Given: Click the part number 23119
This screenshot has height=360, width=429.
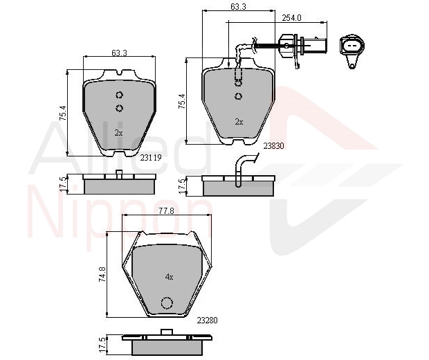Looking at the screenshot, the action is coord(151,158).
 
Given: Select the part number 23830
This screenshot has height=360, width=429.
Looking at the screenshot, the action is coord(273,146).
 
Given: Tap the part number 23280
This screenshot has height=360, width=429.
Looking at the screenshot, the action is coord(207,320).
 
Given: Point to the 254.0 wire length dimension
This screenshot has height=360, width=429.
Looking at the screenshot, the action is coord(292,18).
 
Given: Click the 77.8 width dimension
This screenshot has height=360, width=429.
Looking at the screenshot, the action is coord(166,210).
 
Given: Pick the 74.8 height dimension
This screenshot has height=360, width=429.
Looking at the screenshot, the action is coord(102,275).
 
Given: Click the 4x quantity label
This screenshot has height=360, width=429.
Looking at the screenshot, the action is coord(169,277).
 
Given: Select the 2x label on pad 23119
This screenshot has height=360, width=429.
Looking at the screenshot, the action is coord(118,133).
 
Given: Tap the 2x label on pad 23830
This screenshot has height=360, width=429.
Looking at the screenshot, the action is coord(239,122).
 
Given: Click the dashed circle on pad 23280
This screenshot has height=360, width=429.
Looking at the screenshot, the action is coord(167,303).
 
